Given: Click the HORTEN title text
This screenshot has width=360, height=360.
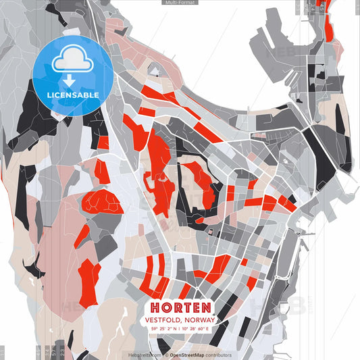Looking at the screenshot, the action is point(179,307).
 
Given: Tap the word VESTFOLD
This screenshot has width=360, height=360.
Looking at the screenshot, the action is point(162,320).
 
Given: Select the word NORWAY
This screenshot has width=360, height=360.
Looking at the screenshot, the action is point(198,320).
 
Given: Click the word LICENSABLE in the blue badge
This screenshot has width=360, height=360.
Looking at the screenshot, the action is point(73,95).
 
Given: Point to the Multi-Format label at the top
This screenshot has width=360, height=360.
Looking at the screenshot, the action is point(180,3).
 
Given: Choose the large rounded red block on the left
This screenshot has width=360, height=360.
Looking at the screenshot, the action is point(103,201).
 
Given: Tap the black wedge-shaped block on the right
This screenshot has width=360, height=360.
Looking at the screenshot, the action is point(317,152).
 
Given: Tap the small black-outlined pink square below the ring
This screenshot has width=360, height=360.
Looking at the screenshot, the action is point(209,232).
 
